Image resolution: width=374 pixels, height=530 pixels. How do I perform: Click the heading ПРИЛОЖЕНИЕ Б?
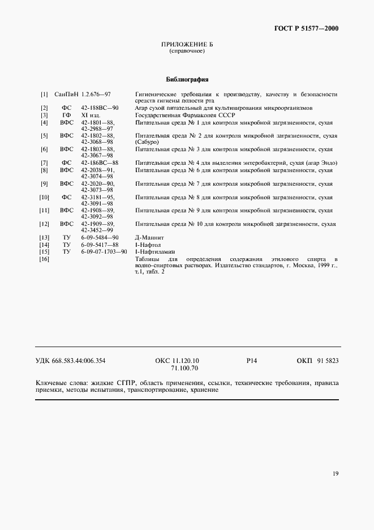point(187,45)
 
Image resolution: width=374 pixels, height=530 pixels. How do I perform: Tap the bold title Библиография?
point(187,79)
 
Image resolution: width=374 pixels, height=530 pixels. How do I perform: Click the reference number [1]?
point(44,94)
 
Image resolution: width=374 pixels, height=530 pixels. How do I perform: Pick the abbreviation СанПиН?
point(67,94)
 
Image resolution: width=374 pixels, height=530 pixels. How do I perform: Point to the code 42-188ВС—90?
point(100,108)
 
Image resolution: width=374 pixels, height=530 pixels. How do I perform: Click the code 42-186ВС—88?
point(100,163)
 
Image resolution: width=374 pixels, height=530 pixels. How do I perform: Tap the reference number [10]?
point(44,197)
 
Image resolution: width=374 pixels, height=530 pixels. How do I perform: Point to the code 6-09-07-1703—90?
point(104,251)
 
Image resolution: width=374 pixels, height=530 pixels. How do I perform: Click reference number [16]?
point(44,259)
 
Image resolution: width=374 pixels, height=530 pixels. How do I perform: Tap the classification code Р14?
point(252,361)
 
